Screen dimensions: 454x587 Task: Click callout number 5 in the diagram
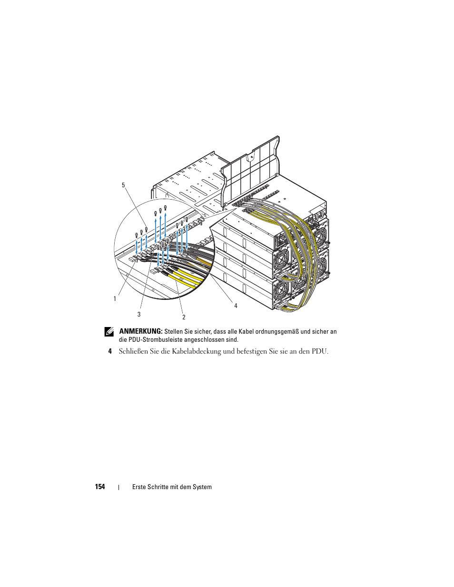click(123, 185)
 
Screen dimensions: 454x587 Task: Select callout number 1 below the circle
click(115, 299)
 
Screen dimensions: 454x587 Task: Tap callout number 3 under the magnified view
click(139, 314)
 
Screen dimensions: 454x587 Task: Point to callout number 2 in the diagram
click(184, 317)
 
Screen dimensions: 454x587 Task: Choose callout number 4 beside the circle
click(236, 306)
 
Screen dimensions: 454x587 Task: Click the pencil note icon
click(109, 332)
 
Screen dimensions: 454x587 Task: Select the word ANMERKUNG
click(140, 331)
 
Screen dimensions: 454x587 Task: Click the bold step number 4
click(110, 351)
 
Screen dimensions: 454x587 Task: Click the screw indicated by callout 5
click(146, 230)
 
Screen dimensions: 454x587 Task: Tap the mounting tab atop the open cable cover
click(251, 157)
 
